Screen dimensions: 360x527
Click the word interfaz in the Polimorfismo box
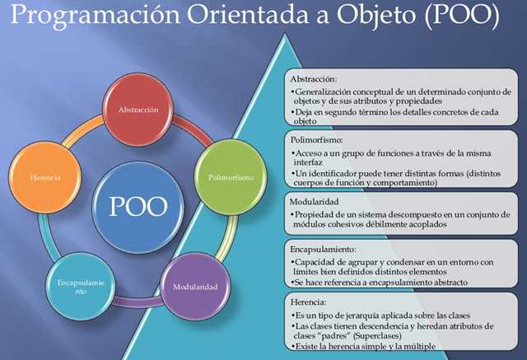point(309,163)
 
